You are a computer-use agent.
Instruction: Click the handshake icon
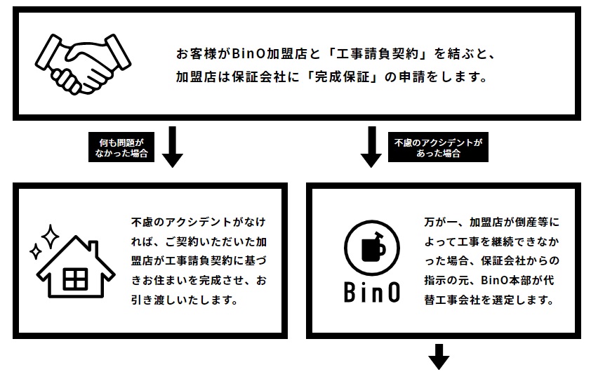[83, 64]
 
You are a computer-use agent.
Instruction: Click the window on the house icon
[75, 279]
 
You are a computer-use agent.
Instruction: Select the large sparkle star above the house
[50, 236]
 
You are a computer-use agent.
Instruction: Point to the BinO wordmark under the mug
[372, 292]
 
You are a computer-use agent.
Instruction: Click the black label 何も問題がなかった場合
[121, 147]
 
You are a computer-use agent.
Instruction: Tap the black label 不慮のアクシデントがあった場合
[439, 147]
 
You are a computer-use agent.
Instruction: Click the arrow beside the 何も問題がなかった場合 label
[173, 147]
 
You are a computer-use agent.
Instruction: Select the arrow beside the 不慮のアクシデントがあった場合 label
[371, 147]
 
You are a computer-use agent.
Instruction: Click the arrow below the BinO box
[439, 357]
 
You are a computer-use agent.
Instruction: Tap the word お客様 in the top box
[197, 54]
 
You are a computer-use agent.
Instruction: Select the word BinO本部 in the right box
[506, 281]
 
